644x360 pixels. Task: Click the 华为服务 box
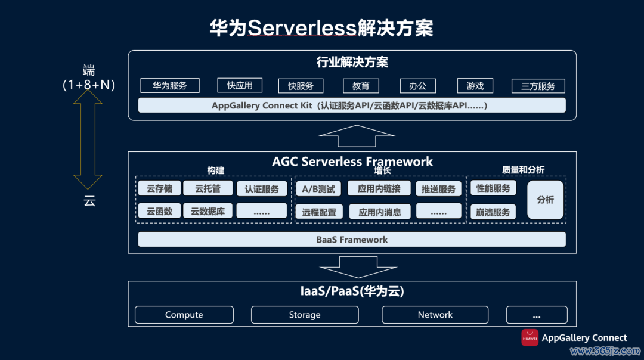170,86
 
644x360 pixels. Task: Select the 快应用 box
240,85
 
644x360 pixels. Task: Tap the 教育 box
361,86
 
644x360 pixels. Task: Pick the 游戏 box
475,86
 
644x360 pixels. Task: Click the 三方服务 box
538,86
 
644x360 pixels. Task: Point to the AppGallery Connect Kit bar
352,105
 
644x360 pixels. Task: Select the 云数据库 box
208,211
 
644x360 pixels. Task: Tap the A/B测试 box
318,190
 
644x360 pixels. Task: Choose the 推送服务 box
438,190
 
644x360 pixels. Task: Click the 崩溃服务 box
493,212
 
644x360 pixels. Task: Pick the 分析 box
545,200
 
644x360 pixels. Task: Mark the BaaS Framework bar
352,240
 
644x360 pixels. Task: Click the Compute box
184,315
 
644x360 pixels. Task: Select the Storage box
305,315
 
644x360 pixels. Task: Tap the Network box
435,315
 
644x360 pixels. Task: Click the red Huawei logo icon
530,337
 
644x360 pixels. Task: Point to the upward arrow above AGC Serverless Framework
357,136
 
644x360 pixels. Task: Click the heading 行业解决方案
352,62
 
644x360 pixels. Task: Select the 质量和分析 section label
523,170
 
